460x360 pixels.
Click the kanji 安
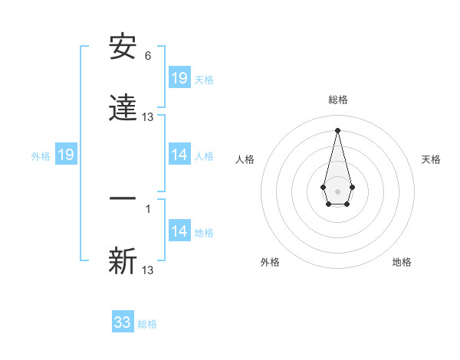[x=123, y=47]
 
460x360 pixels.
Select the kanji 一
[x=123, y=198]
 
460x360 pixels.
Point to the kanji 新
[x=123, y=261]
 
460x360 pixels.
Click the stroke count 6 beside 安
[x=148, y=56]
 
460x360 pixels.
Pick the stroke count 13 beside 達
[x=148, y=117]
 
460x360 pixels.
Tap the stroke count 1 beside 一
[x=148, y=208]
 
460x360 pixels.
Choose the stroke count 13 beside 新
[x=148, y=270]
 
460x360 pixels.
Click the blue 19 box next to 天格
[x=179, y=78]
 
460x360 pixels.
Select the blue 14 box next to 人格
[x=179, y=155]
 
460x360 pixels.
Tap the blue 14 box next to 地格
[x=179, y=231]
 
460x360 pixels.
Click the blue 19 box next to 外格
[x=66, y=155]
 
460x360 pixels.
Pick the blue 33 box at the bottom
[x=123, y=322]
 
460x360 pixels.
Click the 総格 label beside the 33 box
[x=147, y=324]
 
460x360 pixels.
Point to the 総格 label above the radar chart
[x=338, y=100]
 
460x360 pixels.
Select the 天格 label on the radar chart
[x=431, y=159]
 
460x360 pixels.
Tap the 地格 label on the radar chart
[x=402, y=262]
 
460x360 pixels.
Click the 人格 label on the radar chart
[x=245, y=159]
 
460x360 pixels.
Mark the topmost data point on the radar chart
[x=337, y=129]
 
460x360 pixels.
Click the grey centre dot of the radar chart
[x=337, y=190]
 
